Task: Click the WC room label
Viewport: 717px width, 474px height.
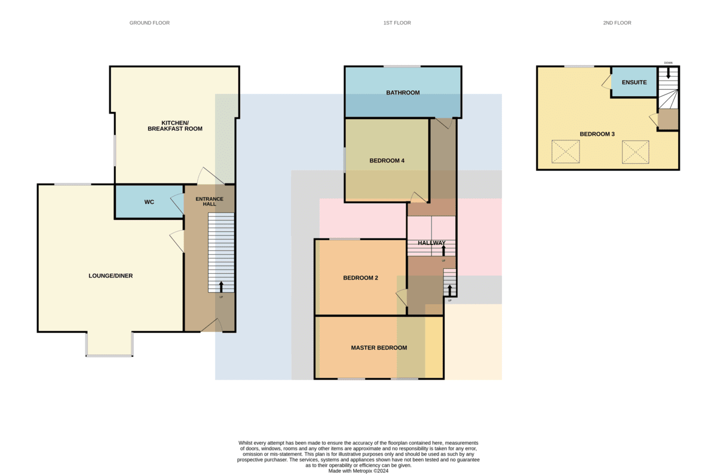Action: point(149,202)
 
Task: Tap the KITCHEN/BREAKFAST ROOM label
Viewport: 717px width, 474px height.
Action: point(174,126)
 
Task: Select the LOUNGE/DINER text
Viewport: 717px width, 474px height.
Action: point(111,276)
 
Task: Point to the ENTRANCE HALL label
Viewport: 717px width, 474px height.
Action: point(209,201)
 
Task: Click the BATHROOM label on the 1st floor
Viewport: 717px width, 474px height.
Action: point(403,93)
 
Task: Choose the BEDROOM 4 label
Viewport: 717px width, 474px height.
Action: point(387,160)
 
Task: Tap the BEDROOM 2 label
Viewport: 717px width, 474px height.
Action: point(360,278)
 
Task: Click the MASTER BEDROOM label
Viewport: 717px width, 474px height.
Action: point(379,347)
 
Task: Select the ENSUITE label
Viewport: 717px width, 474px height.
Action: point(634,82)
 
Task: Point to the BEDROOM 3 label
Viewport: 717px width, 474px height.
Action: point(597,134)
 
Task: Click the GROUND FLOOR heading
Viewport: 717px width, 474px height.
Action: point(149,23)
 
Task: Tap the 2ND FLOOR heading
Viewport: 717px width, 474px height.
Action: point(617,23)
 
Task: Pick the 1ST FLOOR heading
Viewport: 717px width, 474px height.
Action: point(397,23)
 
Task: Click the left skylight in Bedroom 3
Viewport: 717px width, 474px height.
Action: point(565,151)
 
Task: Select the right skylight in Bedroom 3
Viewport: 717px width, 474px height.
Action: point(635,152)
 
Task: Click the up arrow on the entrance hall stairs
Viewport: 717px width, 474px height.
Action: point(221,287)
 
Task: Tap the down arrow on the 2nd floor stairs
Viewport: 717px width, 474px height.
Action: point(668,73)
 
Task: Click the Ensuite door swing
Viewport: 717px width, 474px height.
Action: point(606,82)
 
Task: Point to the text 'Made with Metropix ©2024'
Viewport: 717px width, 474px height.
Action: point(358,471)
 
